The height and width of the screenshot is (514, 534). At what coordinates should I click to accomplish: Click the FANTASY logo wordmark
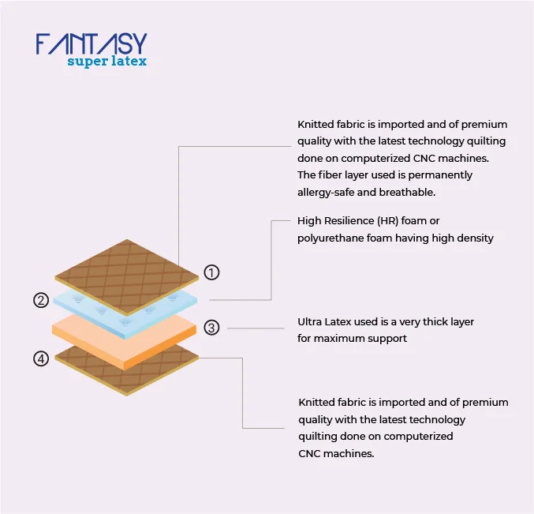[91, 43]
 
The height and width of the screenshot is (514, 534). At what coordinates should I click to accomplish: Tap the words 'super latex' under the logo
[107, 62]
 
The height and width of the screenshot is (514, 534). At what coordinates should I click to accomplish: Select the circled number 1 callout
[211, 272]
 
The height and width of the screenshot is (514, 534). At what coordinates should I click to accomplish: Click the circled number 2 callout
[41, 300]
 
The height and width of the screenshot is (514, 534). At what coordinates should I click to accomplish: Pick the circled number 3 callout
[211, 328]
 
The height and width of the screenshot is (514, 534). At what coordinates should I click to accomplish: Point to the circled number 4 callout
[41, 358]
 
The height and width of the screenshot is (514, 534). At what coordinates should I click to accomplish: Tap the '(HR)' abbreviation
[388, 221]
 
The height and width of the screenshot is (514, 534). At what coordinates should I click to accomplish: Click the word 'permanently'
[440, 175]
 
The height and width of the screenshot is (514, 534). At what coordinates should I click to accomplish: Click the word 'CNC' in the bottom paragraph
[309, 454]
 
